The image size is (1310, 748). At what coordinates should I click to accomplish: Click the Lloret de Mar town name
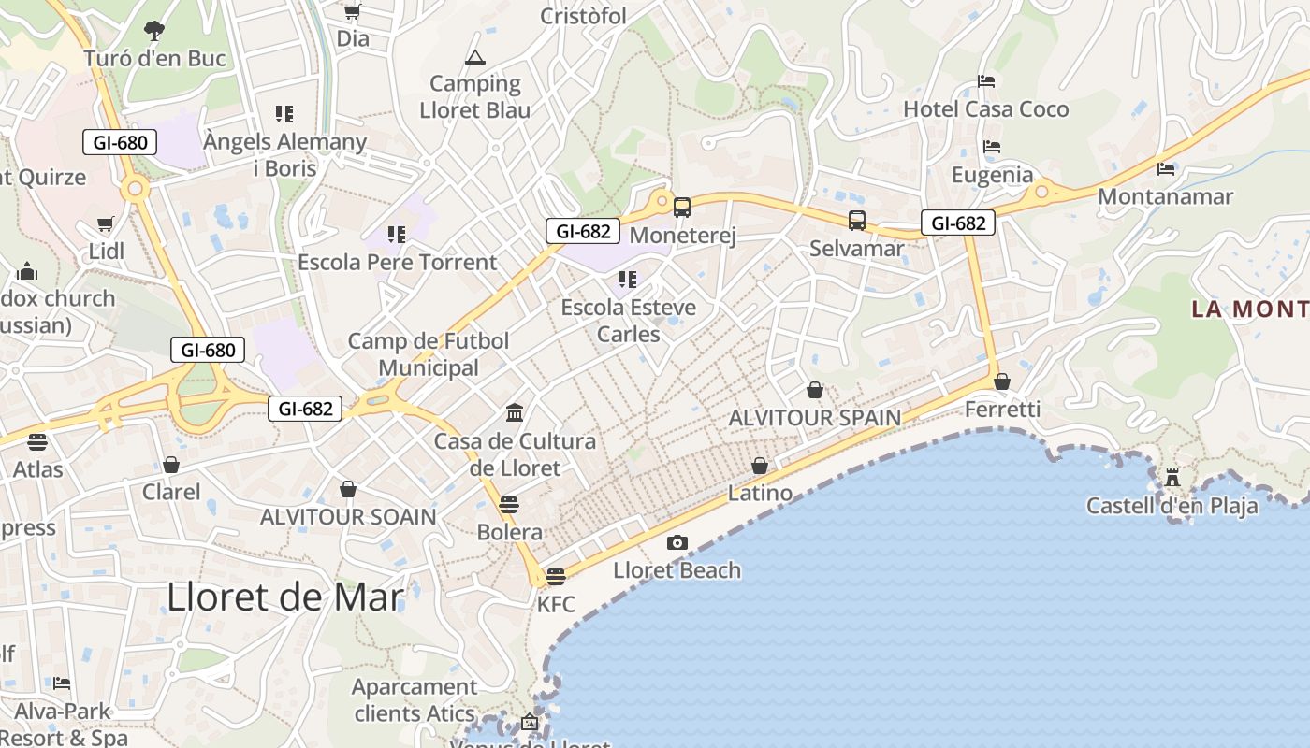coord(285,597)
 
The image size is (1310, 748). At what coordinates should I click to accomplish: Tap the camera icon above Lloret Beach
coord(677,542)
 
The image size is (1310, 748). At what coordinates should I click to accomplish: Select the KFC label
coord(556,604)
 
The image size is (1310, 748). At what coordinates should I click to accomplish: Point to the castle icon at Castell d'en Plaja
coord(1172,478)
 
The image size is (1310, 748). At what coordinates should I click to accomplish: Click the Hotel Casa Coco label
coord(985,109)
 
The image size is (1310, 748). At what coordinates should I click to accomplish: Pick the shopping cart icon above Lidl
coord(106,224)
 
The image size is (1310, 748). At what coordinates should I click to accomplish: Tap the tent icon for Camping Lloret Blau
coord(475,58)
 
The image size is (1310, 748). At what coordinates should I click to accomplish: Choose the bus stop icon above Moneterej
coord(682,208)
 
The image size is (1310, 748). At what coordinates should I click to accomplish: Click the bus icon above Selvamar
coord(857,221)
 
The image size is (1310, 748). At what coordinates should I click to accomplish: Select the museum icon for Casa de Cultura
coord(515,412)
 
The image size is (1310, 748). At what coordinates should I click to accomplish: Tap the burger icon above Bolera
coord(509,505)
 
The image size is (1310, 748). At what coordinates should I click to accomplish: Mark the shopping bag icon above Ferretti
coord(1002,381)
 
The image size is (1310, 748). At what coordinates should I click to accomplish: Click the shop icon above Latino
coord(760,466)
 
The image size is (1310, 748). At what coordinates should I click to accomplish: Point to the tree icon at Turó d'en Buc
coord(154,31)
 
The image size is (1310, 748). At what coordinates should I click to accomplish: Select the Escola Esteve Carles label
coord(628,321)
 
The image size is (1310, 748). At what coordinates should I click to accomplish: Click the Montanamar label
coord(1165,196)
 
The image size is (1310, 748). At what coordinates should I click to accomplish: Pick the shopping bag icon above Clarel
coord(171,465)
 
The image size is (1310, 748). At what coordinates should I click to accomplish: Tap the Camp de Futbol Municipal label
coord(429,354)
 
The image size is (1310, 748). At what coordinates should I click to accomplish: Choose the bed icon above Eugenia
coord(992,147)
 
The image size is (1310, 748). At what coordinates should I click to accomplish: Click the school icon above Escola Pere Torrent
coord(397,234)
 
